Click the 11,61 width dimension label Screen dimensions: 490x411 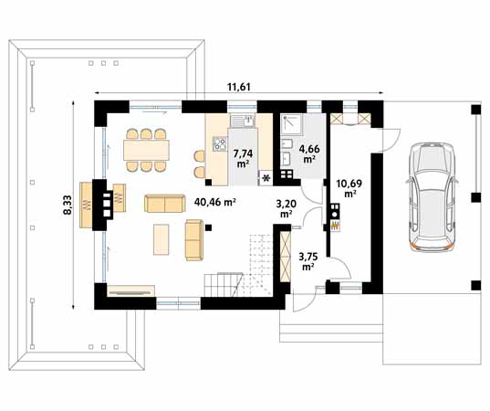pyautogui.click(x=239, y=87)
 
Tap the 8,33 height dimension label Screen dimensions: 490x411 pyautogui.click(x=68, y=205)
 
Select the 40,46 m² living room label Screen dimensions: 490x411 pyautogui.click(x=215, y=202)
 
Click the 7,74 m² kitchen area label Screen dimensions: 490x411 pyautogui.click(x=243, y=158)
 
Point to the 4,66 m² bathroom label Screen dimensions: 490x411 pyautogui.click(x=309, y=153)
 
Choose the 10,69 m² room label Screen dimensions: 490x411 pyautogui.click(x=349, y=187)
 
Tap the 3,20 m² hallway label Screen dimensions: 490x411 pyautogui.click(x=287, y=208)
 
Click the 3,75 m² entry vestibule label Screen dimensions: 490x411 pyautogui.click(x=308, y=261)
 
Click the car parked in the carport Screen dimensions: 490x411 pyautogui.click(x=432, y=196)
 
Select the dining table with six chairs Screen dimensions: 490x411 pyautogui.click(x=146, y=151)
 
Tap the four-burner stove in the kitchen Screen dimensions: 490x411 pyautogui.click(x=220, y=144)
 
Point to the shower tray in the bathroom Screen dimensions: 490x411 pyautogui.click(x=292, y=124)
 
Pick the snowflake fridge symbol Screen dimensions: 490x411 pyautogui.click(x=266, y=178)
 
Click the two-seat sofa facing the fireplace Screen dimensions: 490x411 pyautogui.click(x=164, y=204)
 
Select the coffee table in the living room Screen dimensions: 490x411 pyautogui.click(x=162, y=239)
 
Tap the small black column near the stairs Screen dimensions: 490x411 pyautogui.click(x=208, y=227)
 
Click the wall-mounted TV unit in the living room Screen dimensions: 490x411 pyautogui.click(x=130, y=290)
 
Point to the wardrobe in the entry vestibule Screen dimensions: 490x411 pyautogui.click(x=285, y=257)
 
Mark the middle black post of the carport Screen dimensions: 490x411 pyautogui.click(x=476, y=197)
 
